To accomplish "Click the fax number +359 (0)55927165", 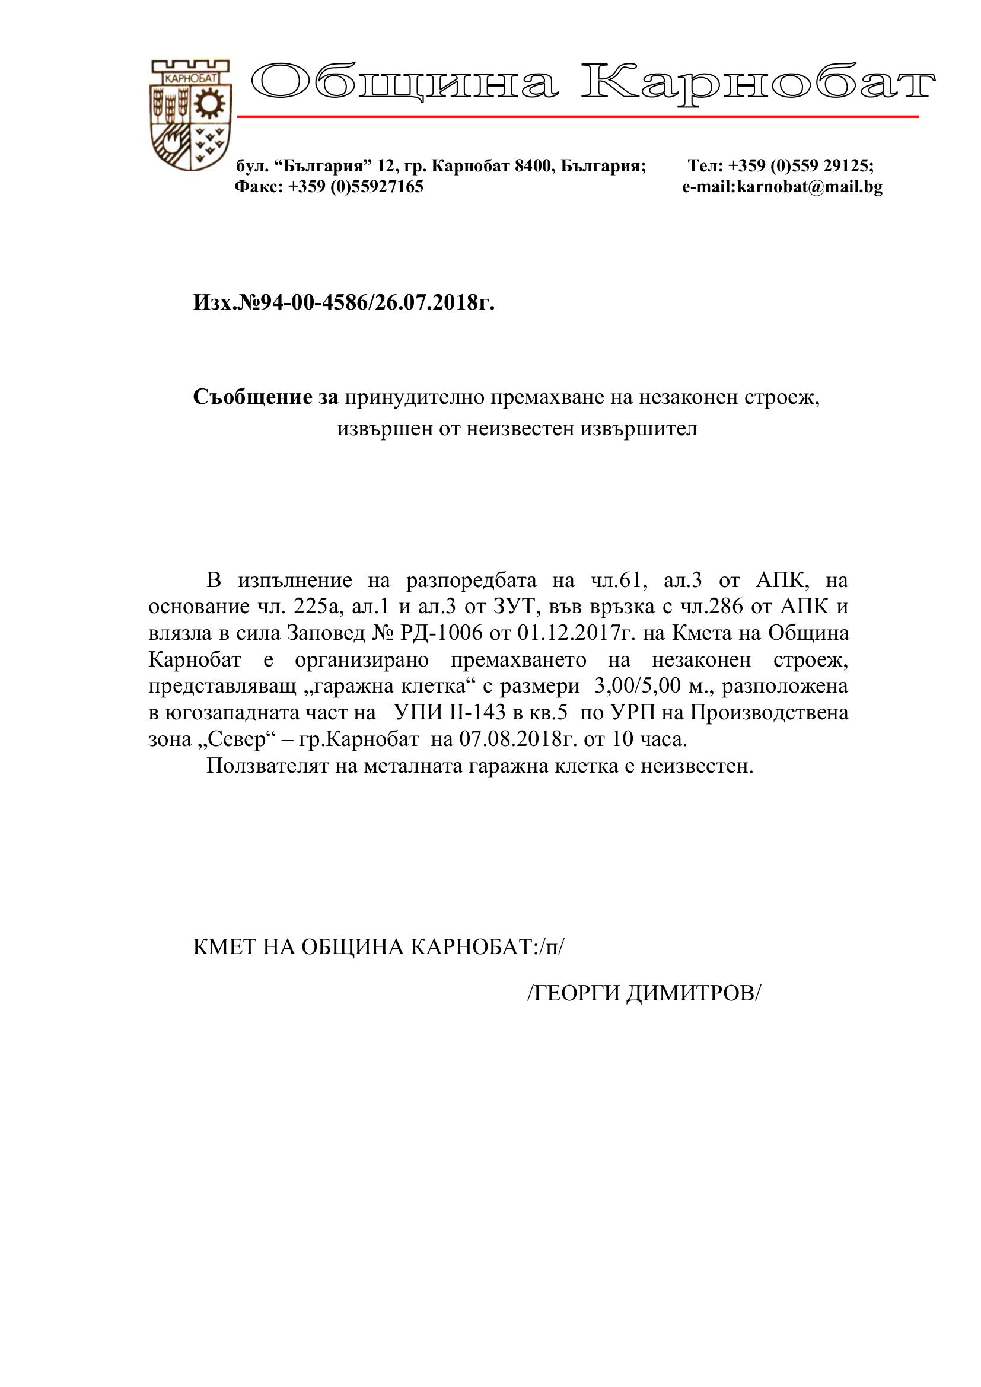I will [356, 187].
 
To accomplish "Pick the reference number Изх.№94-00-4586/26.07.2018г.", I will [344, 302].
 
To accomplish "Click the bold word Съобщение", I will [253, 397].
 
